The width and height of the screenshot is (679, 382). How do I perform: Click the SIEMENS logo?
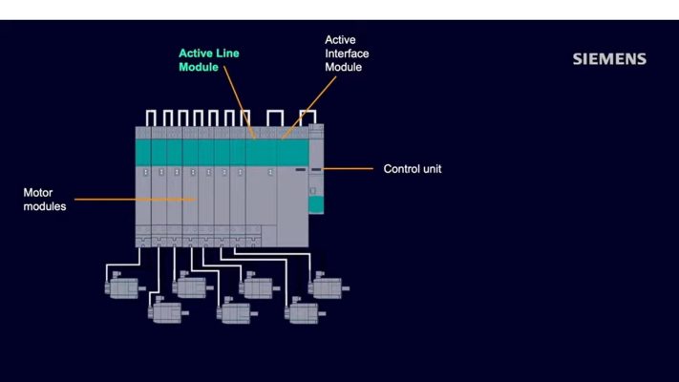609,59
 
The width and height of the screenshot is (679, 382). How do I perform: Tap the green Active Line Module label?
209,60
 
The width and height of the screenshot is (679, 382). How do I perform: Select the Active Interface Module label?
347,53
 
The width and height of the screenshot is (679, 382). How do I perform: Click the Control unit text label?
413,169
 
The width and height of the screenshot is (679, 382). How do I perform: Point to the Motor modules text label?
45,199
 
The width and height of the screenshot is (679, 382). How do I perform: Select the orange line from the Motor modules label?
134,200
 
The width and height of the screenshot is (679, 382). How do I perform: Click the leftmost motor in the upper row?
122,285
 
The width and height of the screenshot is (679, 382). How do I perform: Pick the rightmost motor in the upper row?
328,285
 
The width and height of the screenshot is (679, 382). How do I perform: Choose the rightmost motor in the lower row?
306,310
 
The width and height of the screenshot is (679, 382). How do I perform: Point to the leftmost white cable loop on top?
151,117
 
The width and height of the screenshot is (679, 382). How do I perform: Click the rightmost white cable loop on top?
308,117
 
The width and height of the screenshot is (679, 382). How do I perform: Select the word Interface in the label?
347,53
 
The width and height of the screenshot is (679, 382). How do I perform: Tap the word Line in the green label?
227,53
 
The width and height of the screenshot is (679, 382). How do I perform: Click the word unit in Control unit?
431,169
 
